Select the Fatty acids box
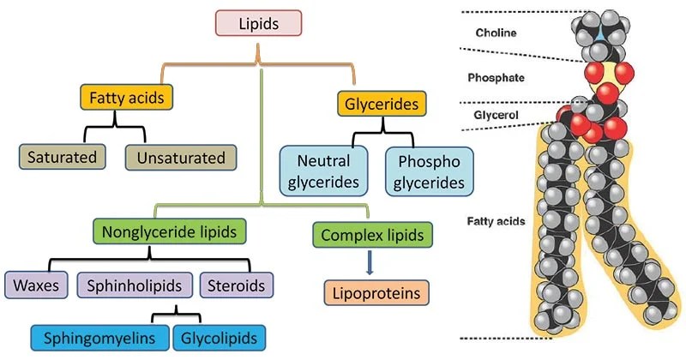(x=126, y=98)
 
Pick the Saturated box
(x=62, y=158)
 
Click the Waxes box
(x=35, y=285)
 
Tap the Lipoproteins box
(x=376, y=294)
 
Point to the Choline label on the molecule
(x=499, y=34)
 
